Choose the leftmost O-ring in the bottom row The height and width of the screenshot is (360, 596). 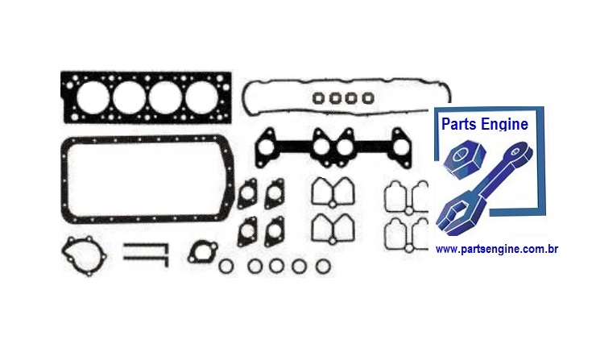tap(228, 266)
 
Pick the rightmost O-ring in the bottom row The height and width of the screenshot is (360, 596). tap(322, 266)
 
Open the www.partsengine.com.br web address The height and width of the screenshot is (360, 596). tap(497, 250)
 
